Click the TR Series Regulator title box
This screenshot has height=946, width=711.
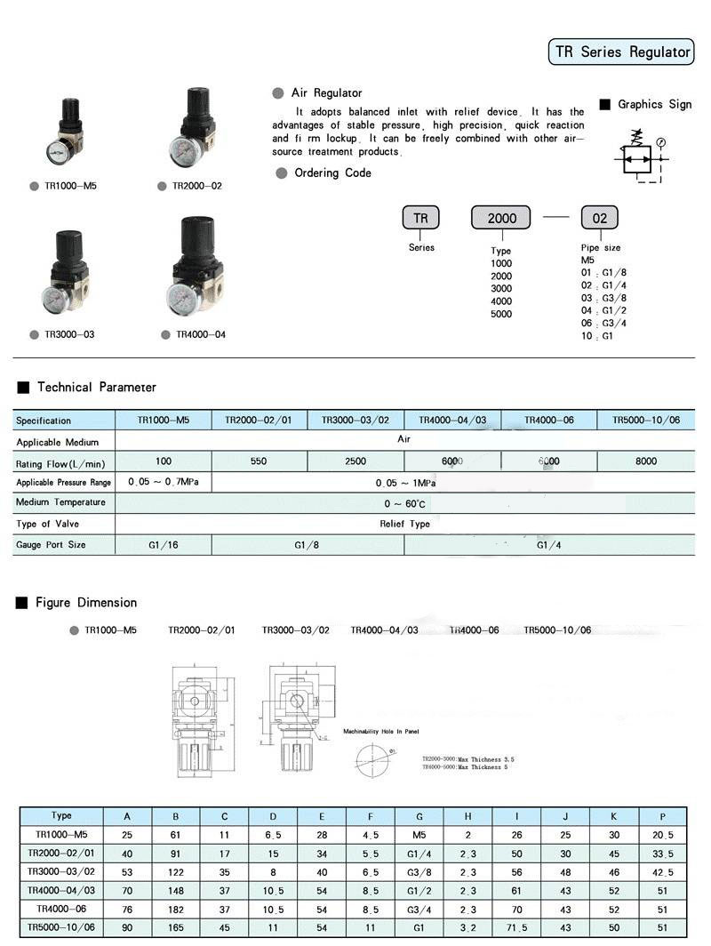621,52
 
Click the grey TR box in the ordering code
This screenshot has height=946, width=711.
420,218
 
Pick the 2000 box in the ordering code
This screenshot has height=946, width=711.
500,218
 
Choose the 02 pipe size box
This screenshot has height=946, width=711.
599,218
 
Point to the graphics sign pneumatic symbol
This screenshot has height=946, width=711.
640,158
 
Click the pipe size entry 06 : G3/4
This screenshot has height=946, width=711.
604,324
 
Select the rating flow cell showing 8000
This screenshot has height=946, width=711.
646,461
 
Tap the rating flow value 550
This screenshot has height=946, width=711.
259,461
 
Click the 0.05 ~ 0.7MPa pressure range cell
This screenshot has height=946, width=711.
164,482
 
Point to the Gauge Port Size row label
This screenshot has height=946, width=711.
51,544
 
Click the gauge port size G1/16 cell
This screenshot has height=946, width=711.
164,544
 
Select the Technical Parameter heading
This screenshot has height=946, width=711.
96,388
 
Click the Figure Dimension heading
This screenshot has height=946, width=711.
86,603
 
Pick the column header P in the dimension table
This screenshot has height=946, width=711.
661,816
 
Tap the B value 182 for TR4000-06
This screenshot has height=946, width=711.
176,910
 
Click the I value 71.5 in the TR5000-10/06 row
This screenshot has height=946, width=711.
515,928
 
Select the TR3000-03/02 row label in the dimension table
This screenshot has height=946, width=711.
61,871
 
